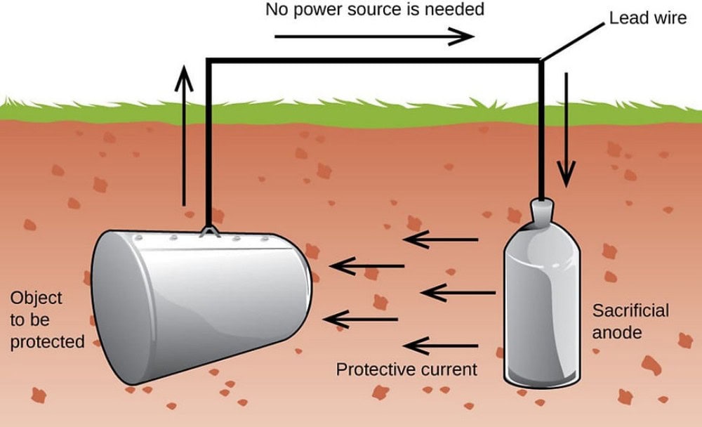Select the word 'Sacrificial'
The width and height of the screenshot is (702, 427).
coord(630,310)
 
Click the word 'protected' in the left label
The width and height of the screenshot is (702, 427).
coord(47,342)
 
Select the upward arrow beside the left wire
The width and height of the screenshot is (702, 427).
coord(184,133)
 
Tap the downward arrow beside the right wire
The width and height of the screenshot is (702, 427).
coord(566,133)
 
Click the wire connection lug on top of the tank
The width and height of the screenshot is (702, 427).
coord(208,230)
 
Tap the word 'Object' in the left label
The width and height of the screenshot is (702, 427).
coord(36,298)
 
